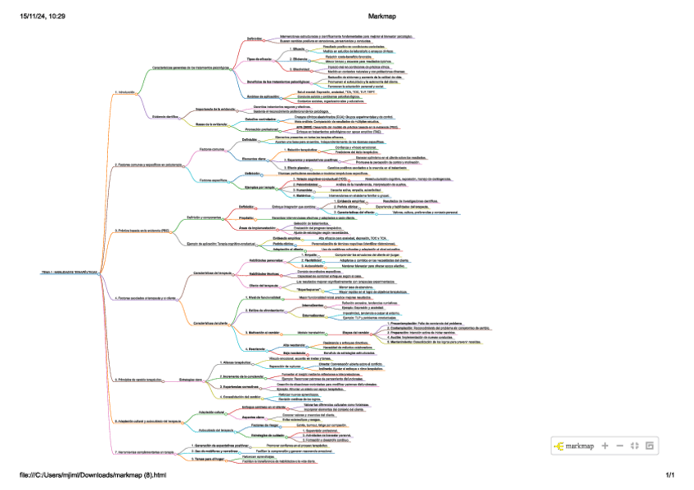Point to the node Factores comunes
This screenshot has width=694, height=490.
coord(211,151)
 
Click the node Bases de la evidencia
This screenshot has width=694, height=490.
coord(213,124)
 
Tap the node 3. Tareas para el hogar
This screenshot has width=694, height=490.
coord(210,460)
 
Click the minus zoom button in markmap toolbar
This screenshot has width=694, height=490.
coord(620,446)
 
